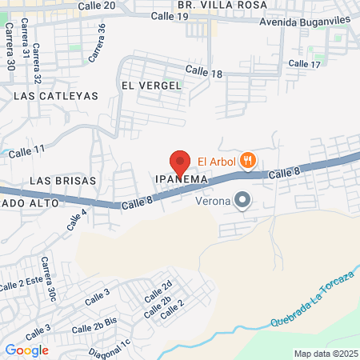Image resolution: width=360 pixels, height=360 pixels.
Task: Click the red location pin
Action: click(x=180, y=162)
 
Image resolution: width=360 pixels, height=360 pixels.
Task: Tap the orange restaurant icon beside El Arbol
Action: click(x=249, y=160)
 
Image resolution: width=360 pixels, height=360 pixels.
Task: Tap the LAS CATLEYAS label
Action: click(x=56, y=96)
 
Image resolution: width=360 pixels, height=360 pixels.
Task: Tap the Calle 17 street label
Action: click(x=304, y=63)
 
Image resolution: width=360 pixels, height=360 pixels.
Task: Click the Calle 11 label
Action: click(x=28, y=150)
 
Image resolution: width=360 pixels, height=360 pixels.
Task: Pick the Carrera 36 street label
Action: click(x=97, y=43)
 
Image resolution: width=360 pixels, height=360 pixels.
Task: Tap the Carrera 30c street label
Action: click(x=49, y=278)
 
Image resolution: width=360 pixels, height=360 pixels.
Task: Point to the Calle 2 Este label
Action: click(x=21, y=284)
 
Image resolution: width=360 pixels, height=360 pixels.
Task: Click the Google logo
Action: click(x=26, y=350)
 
